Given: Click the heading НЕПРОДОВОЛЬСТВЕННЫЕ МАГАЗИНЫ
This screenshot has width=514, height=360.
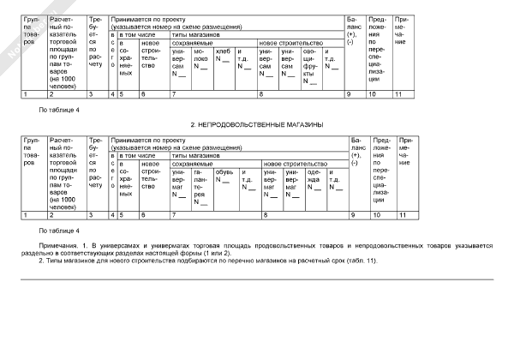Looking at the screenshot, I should (256, 125).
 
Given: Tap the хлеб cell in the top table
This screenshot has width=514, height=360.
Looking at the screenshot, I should (223, 57).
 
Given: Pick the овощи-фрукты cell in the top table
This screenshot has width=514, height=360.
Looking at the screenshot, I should (312, 67).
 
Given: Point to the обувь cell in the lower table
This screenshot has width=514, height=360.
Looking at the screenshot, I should (224, 175).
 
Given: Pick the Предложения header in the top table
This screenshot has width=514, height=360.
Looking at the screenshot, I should (377, 46).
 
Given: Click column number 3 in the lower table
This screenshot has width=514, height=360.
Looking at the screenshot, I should (92, 215).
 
